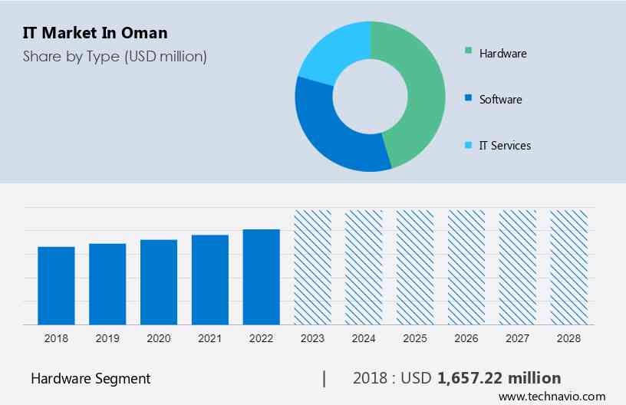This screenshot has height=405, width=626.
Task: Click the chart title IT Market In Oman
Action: [95, 33]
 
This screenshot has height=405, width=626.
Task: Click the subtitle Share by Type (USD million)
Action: [114, 56]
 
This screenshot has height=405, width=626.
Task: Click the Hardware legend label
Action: [502, 54]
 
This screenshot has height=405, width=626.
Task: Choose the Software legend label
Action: [500, 100]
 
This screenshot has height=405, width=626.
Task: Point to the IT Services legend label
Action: [505, 146]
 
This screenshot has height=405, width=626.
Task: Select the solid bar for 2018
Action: [56, 285]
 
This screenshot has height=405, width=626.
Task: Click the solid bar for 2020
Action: [159, 282]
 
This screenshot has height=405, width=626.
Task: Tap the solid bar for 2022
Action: [262, 276]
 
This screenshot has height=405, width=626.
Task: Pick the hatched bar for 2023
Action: [313, 267]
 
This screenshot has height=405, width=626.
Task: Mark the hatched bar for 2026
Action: [466, 267]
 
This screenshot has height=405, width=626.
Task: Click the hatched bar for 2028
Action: [569, 267]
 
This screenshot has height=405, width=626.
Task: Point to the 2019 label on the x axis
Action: [107, 338]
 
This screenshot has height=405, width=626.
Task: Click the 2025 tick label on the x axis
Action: [415, 338]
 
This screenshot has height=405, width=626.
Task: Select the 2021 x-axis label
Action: [210, 338]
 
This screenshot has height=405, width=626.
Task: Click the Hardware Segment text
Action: [91, 378]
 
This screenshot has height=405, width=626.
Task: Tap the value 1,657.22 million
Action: [499, 378]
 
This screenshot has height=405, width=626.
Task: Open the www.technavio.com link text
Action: [552, 397]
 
